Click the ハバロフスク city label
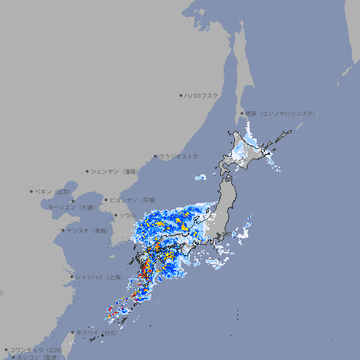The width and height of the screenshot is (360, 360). click(202, 95)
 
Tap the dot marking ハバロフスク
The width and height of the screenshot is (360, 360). click(181, 95)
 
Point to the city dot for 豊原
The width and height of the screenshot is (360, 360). click(242, 113)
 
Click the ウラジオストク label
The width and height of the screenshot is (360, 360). click(179, 156)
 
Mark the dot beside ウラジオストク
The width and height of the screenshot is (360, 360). click(155, 156)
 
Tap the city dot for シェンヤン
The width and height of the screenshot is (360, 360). click(88, 171)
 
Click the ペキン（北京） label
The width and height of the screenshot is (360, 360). click(54, 191)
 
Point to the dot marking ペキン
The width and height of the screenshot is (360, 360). click(32, 191)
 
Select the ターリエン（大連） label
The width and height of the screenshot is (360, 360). click(70, 208)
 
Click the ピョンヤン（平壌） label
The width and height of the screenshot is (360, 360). click(132, 200)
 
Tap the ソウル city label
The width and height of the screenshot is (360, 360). click(127, 215)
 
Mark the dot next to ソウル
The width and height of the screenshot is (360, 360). click(115, 215)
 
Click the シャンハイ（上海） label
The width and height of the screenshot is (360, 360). click(99, 277)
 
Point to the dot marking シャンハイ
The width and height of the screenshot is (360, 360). click(72, 277)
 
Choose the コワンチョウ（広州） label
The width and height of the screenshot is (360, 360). click(36, 349)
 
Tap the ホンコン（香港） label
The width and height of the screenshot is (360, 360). click(39, 357)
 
